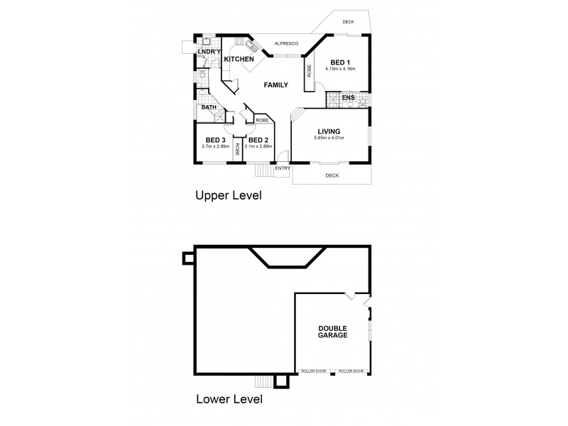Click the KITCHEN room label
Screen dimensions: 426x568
click(x=239, y=59)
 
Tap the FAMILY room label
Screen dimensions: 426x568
click(x=275, y=85)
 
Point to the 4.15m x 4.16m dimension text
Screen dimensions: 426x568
click(x=340, y=69)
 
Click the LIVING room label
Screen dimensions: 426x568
click(x=329, y=131)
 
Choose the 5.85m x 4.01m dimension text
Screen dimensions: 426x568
click(x=329, y=138)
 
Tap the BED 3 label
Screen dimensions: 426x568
click(x=215, y=140)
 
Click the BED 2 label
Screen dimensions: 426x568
click(x=258, y=140)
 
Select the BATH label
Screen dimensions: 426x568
click(x=209, y=108)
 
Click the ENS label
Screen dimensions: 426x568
click(x=348, y=97)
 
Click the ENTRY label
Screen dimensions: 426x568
click(x=282, y=168)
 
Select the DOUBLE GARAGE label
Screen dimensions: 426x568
click(x=332, y=331)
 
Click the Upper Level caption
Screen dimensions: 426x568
click(x=228, y=194)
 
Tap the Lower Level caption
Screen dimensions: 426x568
click(x=229, y=399)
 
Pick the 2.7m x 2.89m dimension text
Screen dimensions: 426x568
click(x=215, y=146)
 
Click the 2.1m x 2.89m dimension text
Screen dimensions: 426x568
click(x=258, y=146)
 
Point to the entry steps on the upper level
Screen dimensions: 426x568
click(x=262, y=170)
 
